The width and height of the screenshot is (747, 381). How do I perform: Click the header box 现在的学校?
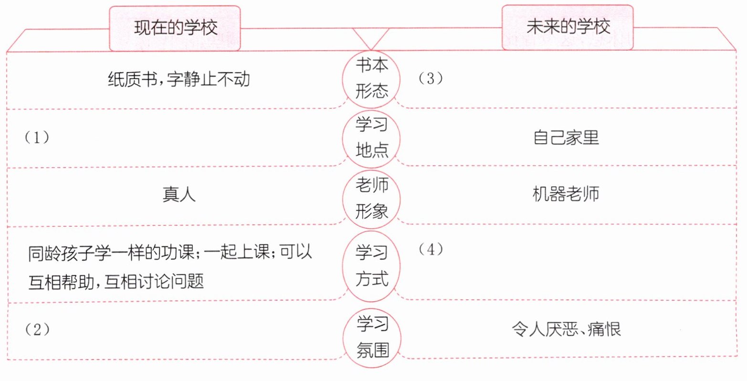(175, 28)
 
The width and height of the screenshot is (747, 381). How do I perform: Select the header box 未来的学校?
(568, 27)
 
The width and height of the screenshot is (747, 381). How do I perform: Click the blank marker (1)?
(37, 138)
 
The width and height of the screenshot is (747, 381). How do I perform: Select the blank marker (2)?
(37, 329)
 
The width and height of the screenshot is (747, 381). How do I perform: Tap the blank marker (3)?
(430, 79)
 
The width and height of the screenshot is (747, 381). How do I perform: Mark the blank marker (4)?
(430, 249)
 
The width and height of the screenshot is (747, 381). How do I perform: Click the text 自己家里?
(566, 138)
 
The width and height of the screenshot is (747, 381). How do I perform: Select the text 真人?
(179, 195)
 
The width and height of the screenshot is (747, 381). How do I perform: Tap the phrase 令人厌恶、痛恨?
(566, 329)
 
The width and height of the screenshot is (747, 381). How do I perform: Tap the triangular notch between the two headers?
(371, 37)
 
